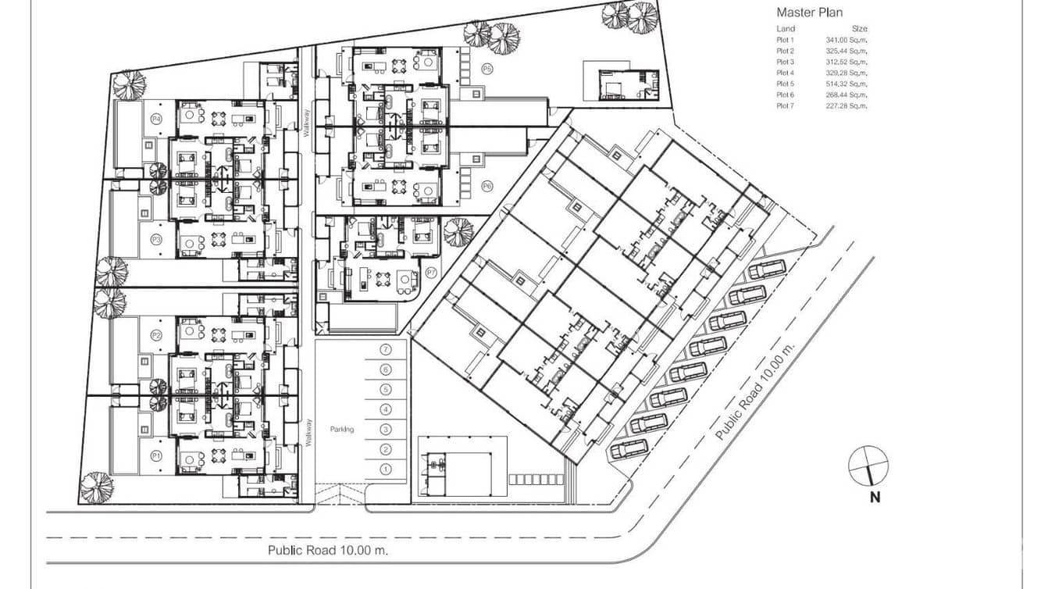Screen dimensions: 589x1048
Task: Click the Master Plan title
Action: point(810,12)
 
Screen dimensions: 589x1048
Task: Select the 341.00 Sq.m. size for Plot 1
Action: point(847,39)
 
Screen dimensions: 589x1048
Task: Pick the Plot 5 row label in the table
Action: point(785,84)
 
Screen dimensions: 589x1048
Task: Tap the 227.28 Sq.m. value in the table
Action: point(847,105)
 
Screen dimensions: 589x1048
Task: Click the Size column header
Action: point(859,29)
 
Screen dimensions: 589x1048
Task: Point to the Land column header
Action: point(786,29)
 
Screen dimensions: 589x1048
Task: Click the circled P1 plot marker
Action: point(156,455)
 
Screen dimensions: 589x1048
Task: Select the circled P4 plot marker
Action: point(156,119)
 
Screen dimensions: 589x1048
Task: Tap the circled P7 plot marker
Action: point(431,272)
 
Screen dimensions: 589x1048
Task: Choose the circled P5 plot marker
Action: point(487,69)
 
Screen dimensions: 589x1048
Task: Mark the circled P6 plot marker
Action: point(487,186)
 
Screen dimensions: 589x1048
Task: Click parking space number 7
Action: point(385,349)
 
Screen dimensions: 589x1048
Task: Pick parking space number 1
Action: point(385,469)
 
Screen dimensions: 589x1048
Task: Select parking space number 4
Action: point(385,409)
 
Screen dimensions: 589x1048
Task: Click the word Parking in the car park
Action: point(342,429)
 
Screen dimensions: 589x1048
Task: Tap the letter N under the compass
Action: point(875,498)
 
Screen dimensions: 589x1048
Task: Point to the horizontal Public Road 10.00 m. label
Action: point(328,550)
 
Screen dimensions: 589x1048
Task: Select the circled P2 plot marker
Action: point(156,335)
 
